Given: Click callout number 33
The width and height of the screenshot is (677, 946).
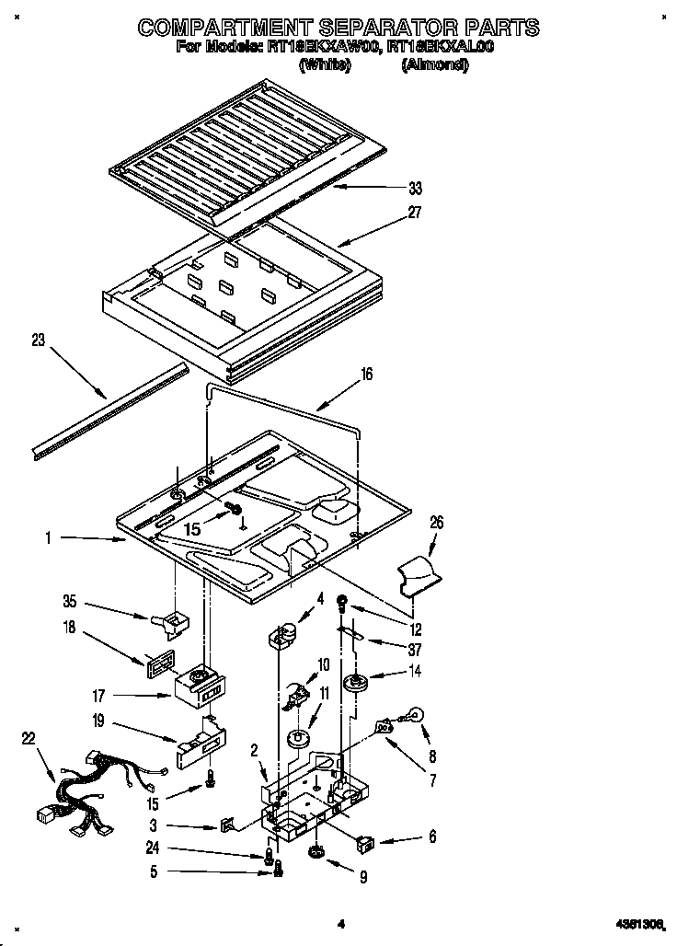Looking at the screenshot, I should (415, 189).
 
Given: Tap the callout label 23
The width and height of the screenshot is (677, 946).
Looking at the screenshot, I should (38, 340).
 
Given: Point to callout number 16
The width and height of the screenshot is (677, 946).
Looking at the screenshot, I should (366, 375).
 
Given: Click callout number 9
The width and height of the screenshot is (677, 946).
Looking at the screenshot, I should (362, 877).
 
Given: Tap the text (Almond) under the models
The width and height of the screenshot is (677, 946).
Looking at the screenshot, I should (435, 65).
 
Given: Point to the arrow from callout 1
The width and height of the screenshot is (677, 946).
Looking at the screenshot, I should (92, 539).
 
